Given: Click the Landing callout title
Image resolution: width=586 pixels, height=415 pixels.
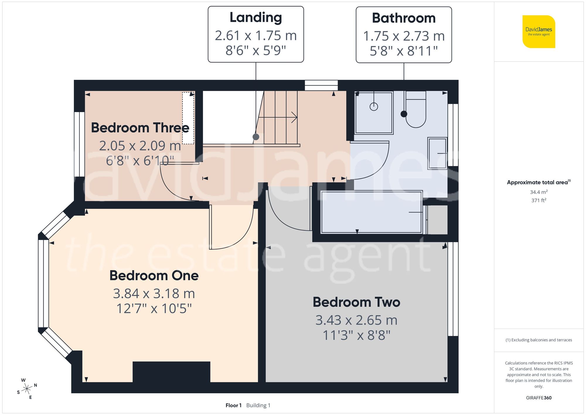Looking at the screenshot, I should pyautogui.click(x=255, y=18).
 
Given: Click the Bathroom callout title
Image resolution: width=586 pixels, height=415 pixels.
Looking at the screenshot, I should pyautogui.click(x=403, y=18).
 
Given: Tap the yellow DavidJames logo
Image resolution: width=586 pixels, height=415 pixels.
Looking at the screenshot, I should pyautogui.click(x=539, y=32).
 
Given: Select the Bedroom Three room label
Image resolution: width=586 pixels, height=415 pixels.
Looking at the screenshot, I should pyautogui.click(x=140, y=128).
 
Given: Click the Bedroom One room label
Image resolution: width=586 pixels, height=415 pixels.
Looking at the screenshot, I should pyautogui.click(x=154, y=276).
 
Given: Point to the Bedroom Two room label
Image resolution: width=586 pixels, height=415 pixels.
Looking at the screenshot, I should pyautogui.click(x=356, y=302).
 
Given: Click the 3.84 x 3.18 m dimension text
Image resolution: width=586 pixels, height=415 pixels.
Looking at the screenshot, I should pyautogui.click(x=154, y=294).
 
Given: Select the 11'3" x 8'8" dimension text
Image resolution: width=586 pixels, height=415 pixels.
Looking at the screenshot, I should pyautogui.click(x=356, y=335).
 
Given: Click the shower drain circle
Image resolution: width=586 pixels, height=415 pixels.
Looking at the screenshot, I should pyautogui.click(x=374, y=107).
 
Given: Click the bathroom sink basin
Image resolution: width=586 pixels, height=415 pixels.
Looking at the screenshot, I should pyautogui.click(x=437, y=153).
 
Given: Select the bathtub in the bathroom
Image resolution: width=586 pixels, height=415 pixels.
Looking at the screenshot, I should pyautogui.click(x=372, y=212).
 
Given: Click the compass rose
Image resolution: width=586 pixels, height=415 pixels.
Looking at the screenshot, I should pyautogui.click(x=27, y=389).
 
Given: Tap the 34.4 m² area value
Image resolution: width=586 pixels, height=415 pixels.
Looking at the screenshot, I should pyautogui.click(x=539, y=192).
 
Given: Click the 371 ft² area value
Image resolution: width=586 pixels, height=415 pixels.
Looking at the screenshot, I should pyautogui.click(x=539, y=200).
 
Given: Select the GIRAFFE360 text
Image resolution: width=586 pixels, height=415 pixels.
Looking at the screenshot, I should pyautogui.click(x=539, y=398).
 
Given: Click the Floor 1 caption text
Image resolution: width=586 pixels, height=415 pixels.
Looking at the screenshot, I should pyautogui.click(x=233, y=405).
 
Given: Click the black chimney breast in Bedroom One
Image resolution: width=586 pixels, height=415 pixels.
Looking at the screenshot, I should pyautogui.click(x=171, y=372).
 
